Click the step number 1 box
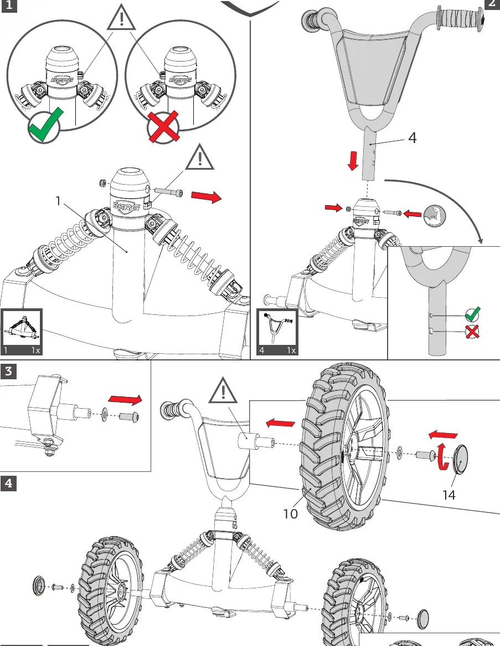[x=9, y=6]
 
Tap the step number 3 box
[x=9, y=371]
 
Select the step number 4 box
[x=9, y=484]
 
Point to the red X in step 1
[x=164, y=126]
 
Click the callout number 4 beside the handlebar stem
[x=413, y=138]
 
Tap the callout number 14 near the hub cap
[x=449, y=495]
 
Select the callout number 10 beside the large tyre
[x=290, y=513]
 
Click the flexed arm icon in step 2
[x=435, y=215]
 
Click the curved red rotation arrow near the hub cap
[x=442, y=456]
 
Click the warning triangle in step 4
[x=223, y=390]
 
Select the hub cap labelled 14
[x=460, y=460]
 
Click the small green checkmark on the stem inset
[x=472, y=314]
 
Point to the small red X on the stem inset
[x=472, y=331]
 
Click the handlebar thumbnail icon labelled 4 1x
[x=277, y=332]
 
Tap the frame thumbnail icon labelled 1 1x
[x=22, y=332]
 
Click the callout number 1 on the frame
[x=58, y=201]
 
